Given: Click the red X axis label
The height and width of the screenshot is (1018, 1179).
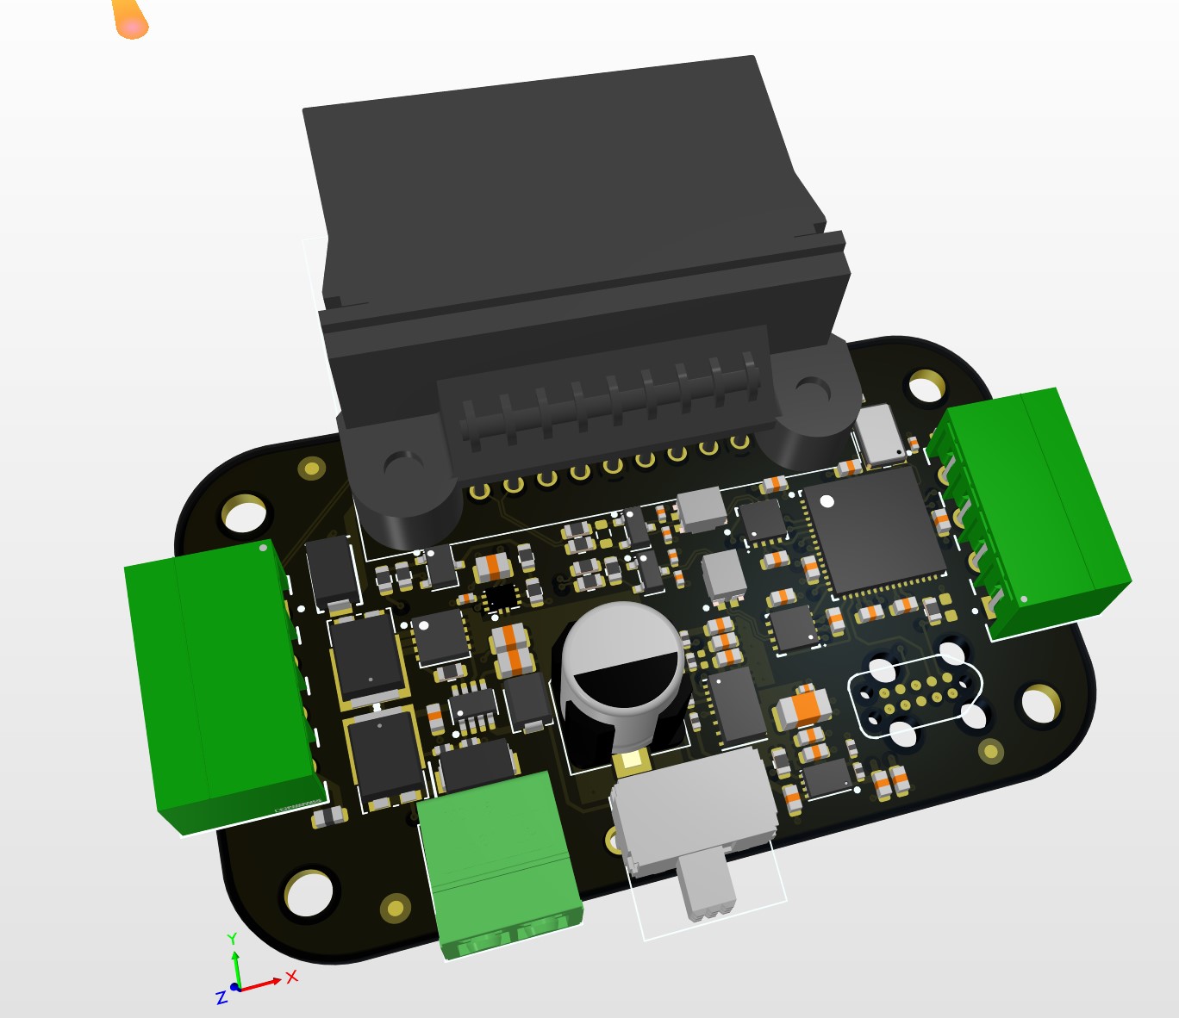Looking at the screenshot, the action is coord(291,977).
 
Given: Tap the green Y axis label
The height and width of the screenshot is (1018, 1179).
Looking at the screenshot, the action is coord(232,938).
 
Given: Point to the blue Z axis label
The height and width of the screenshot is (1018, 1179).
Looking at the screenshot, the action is coord(221,997).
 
